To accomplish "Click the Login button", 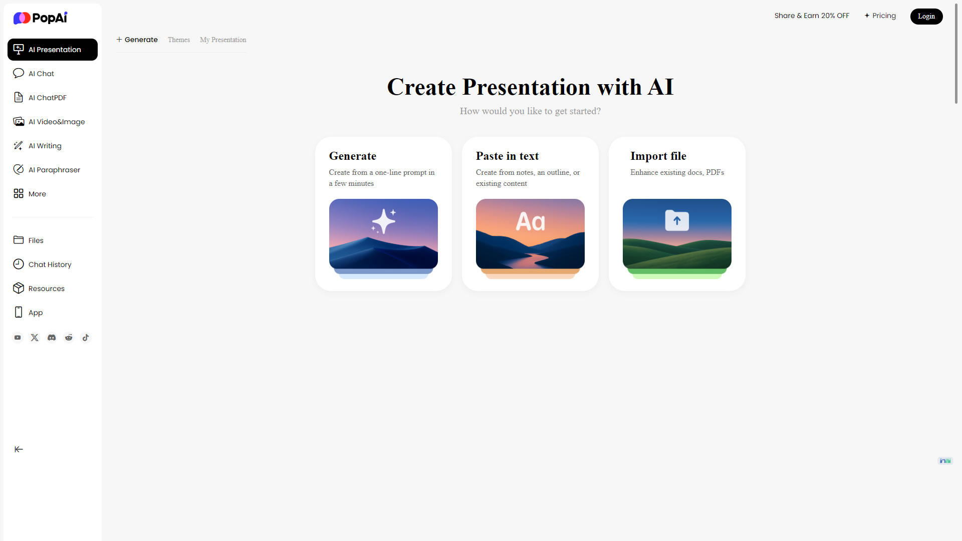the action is point(926,16).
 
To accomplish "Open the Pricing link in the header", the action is point(880,16).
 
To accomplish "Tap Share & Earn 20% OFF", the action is point(812,16).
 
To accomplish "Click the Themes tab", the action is point(179,40).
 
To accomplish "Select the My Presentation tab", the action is point(223,40).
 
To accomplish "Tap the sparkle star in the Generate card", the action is point(384,221).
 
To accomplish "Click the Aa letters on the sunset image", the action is point(530,221).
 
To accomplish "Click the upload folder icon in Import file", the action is point(677,220).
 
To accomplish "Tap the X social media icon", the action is point(35,338).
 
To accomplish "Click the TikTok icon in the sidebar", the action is point(86,338).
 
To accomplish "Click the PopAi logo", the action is point(40,18).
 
